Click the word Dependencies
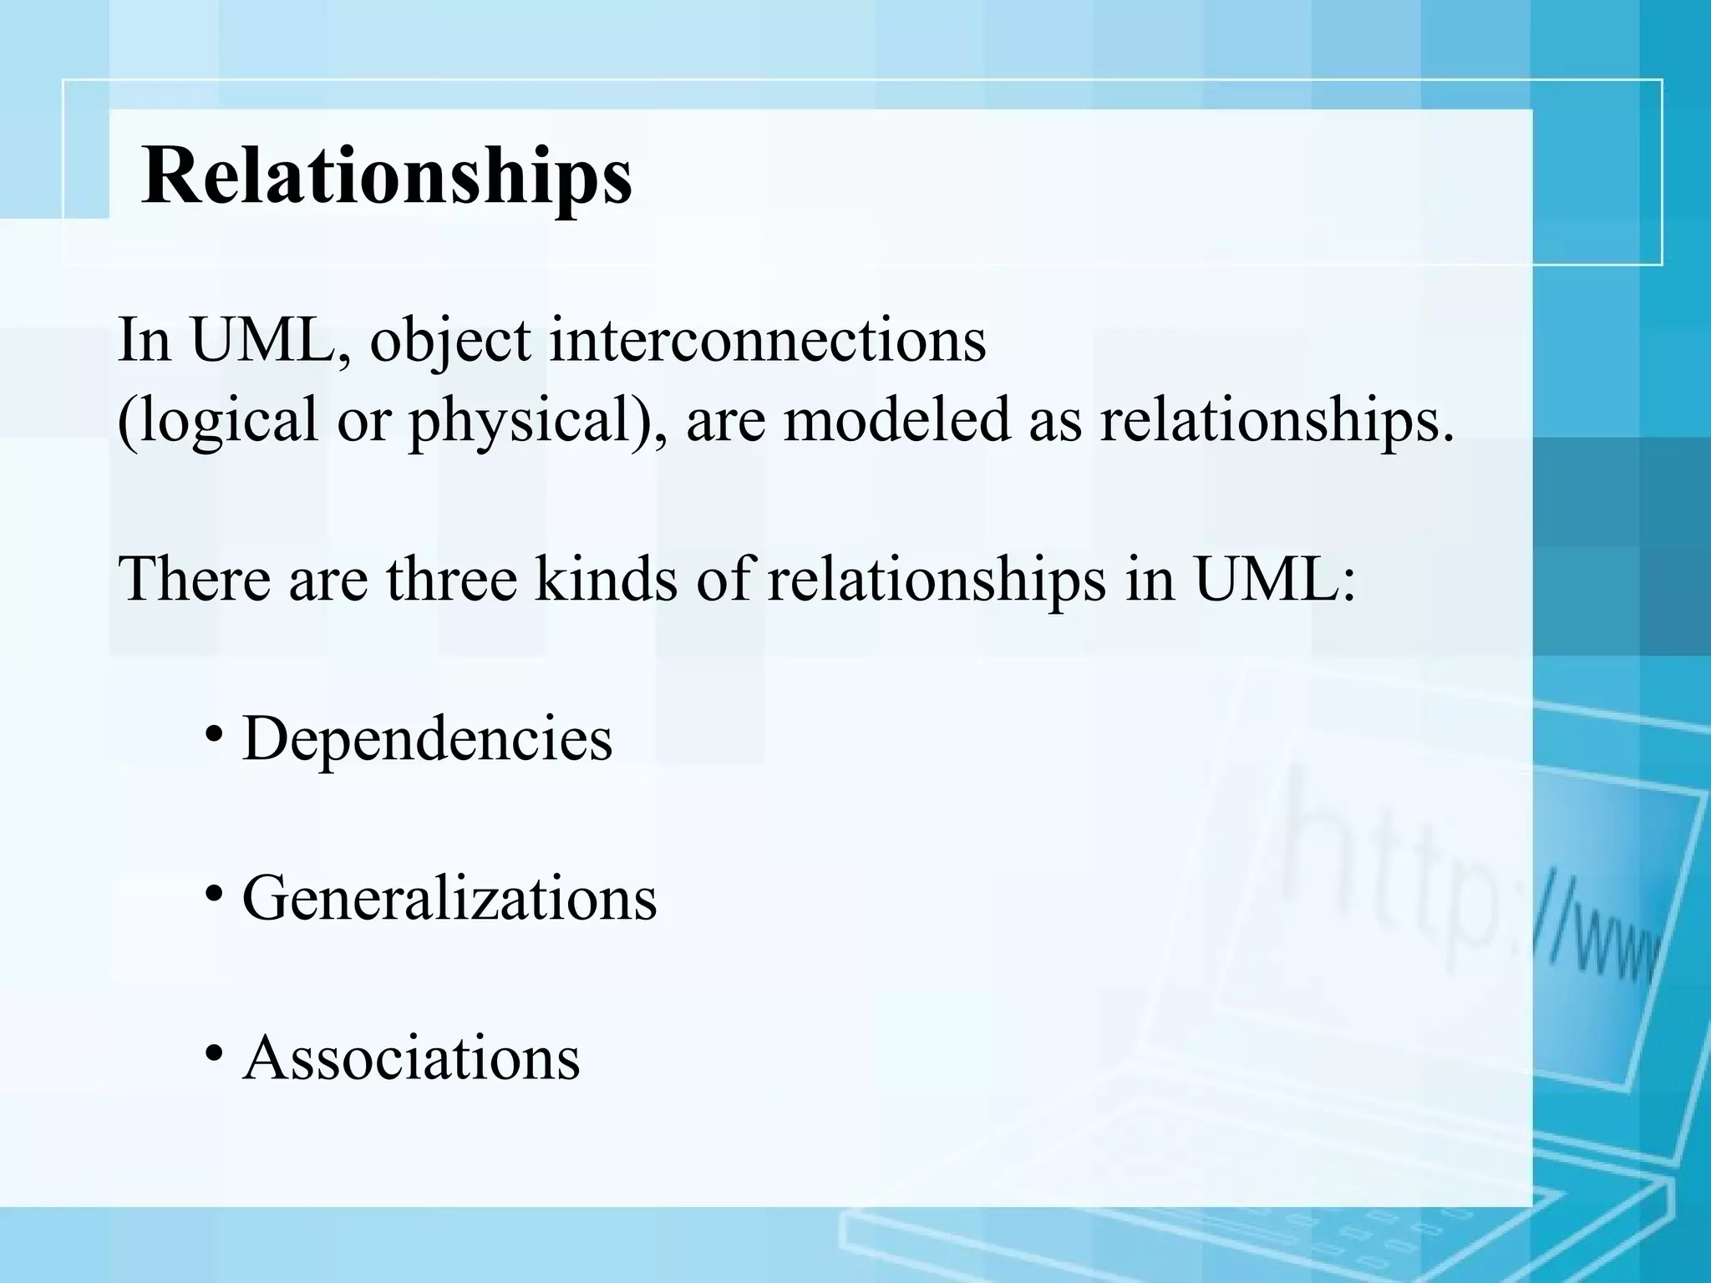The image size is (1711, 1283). click(427, 738)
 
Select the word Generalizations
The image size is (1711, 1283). click(449, 899)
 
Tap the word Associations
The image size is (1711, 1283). click(411, 1058)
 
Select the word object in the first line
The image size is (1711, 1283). click(450, 342)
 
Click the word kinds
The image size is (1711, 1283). click(606, 578)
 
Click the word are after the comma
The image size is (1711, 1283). click(725, 420)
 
